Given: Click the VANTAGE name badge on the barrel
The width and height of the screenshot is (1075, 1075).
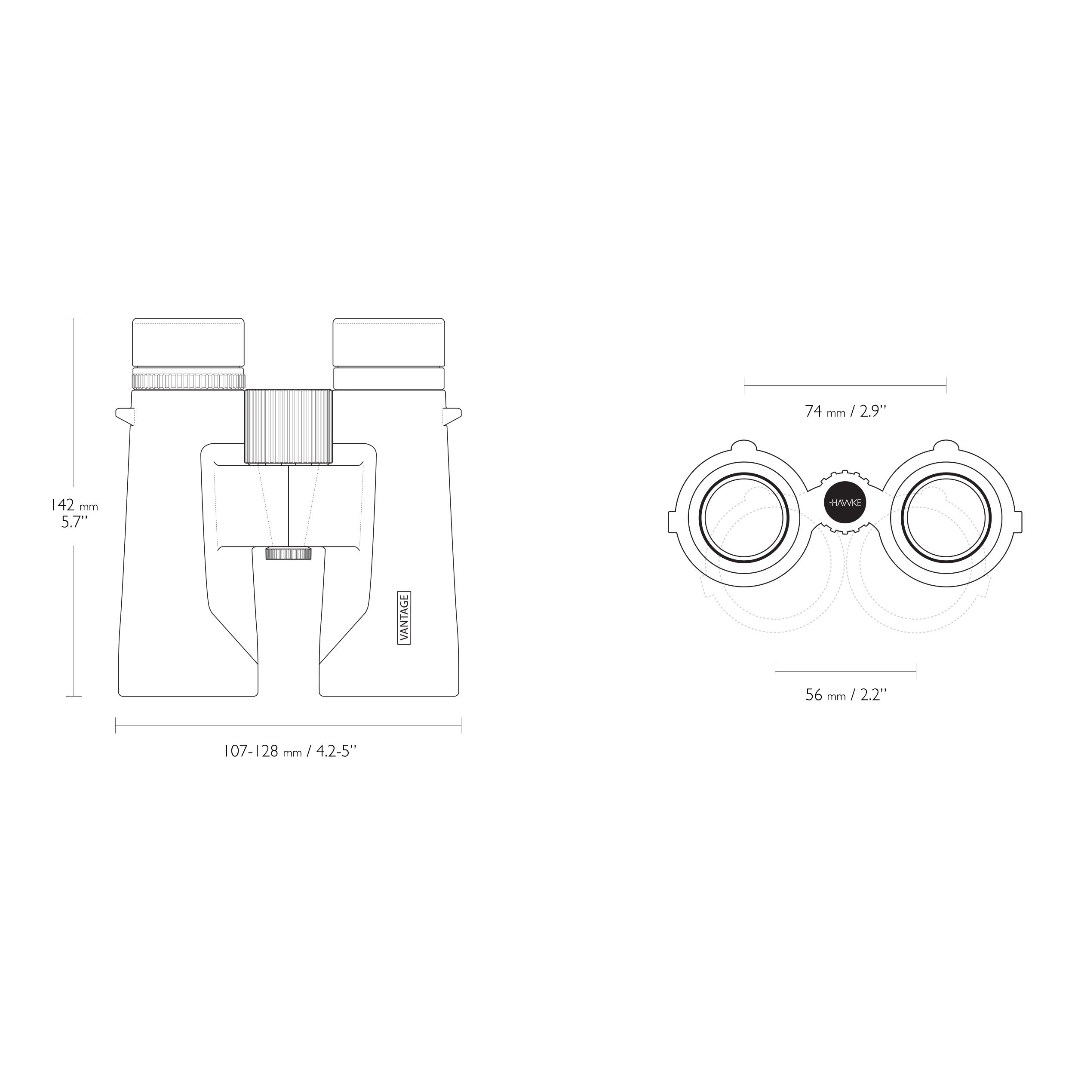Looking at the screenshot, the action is click(404, 617).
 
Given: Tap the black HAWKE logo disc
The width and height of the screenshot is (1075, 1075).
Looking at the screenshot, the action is click(845, 502).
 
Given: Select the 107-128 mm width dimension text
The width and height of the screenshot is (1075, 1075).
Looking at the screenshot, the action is click(289, 752).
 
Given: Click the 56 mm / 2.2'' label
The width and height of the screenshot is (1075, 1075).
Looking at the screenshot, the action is click(845, 695).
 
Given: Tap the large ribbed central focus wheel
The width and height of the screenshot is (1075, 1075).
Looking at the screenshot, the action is click(288, 427).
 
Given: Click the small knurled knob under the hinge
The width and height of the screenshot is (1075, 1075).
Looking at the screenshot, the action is click(288, 553).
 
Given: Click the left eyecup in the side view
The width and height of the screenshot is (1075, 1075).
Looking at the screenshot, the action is click(188, 343).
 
